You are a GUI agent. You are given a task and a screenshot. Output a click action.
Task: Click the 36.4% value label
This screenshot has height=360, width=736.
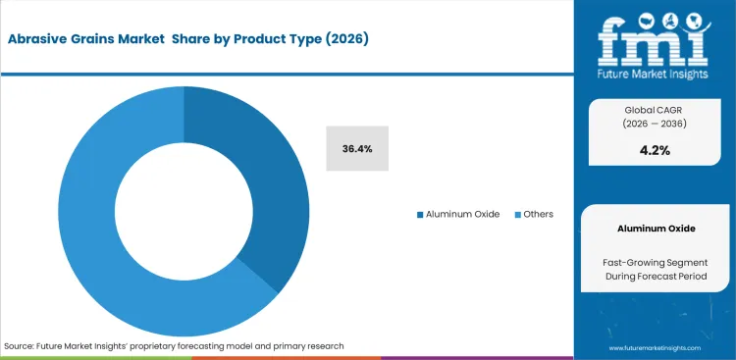click(357, 148)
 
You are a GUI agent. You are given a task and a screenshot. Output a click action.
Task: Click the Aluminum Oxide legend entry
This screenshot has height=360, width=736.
click(460, 214)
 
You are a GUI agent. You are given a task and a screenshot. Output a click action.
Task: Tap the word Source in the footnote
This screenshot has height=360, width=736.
click(21, 346)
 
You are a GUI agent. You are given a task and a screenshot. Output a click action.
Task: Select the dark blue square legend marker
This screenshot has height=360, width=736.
click(420, 214)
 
